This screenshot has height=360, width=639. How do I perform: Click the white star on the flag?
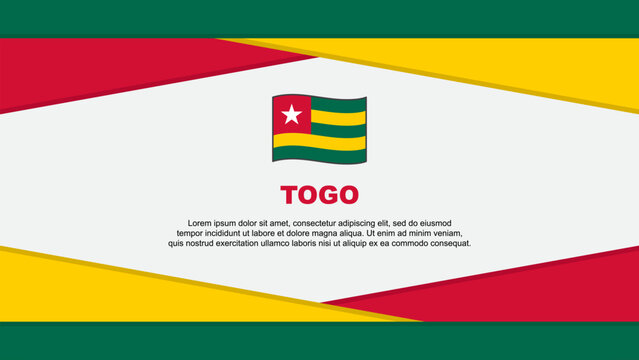(291, 115)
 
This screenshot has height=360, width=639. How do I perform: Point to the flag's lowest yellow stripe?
(330, 141)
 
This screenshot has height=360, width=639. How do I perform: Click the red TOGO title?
(319, 195)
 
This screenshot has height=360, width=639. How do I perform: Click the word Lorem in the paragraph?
(201, 223)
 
